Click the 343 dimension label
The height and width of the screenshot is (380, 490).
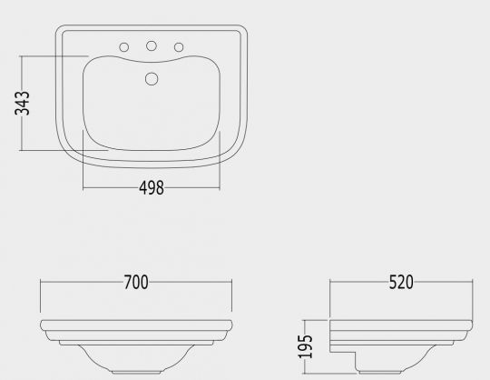22,104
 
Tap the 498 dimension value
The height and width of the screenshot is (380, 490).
152,188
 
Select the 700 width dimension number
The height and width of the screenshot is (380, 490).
136,283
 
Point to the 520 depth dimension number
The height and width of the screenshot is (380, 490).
401,282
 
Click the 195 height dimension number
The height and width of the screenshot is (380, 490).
305,346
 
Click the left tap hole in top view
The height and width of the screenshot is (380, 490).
124,47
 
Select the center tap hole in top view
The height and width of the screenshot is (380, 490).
152,45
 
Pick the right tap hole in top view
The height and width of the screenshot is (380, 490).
179,47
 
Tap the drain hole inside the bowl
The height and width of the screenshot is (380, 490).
152,79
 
